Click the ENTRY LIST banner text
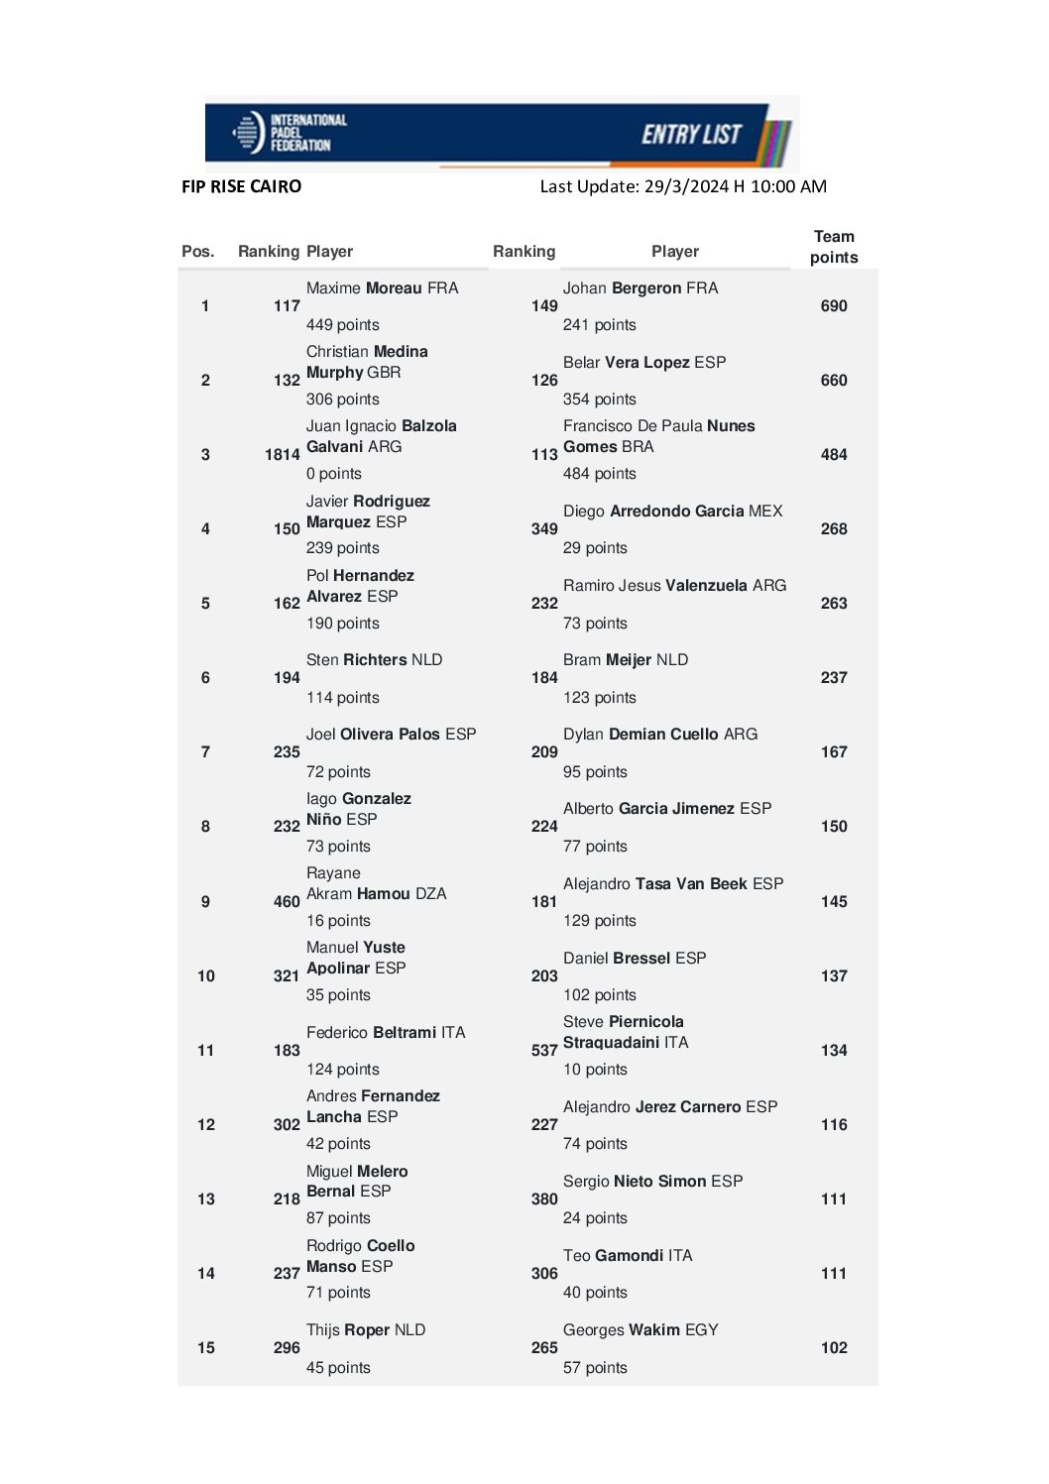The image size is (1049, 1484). click(x=691, y=134)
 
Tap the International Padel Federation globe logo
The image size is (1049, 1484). click(x=248, y=132)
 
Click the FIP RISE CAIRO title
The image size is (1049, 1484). click(x=241, y=186)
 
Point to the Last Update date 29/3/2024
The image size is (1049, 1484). click(x=685, y=186)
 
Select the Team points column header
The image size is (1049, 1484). click(x=834, y=247)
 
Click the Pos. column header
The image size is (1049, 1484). click(x=198, y=252)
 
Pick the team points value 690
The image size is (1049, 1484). click(x=834, y=306)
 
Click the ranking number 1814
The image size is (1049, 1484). click(x=282, y=455)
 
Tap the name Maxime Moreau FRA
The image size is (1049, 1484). click(x=382, y=288)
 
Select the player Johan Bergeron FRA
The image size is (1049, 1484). click(x=641, y=288)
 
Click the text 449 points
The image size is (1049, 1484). click(x=342, y=325)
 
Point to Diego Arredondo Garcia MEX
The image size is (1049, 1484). click(x=672, y=512)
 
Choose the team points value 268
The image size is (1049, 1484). click(x=834, y=529)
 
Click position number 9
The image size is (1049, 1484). click(x=205, y=902)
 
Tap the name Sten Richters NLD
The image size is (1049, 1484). click(x=374, y=660)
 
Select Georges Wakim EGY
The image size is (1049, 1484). click(x=641, y=1330)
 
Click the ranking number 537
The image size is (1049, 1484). click(x=544, y=1051)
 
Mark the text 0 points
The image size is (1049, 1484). click(x=333, y=474)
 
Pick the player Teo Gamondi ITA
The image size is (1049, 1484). click(x=628, y=1256)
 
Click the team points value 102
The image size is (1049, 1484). click(x=834, y=1348)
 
